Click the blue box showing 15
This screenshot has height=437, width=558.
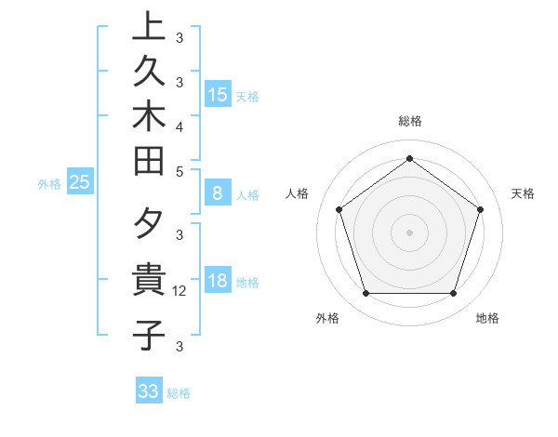coord(218,94)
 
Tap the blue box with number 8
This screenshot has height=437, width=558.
coord(218,193)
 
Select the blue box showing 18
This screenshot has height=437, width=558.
coord(218,281)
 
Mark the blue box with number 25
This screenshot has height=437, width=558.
coord(79,182)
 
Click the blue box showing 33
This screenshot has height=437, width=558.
coord(149,391)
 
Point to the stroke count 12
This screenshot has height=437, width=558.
coord(181,291)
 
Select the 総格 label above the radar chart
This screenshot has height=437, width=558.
coord(409,121)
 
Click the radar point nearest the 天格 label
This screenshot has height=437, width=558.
coord(481,209)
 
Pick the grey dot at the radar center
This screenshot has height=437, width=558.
coord(409,232)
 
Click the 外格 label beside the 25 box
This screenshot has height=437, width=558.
coord(49,184)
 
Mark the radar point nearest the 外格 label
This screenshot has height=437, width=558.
coord(365,294)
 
